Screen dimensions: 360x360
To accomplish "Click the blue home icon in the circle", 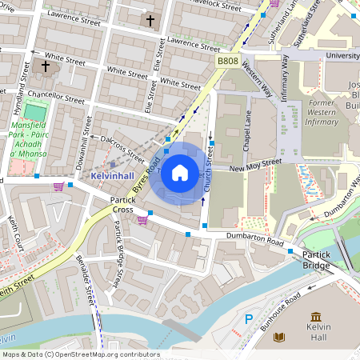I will coord(180,172).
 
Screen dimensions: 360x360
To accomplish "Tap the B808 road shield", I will coord(228,61).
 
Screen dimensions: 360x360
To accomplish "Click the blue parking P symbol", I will coord(249,319).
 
